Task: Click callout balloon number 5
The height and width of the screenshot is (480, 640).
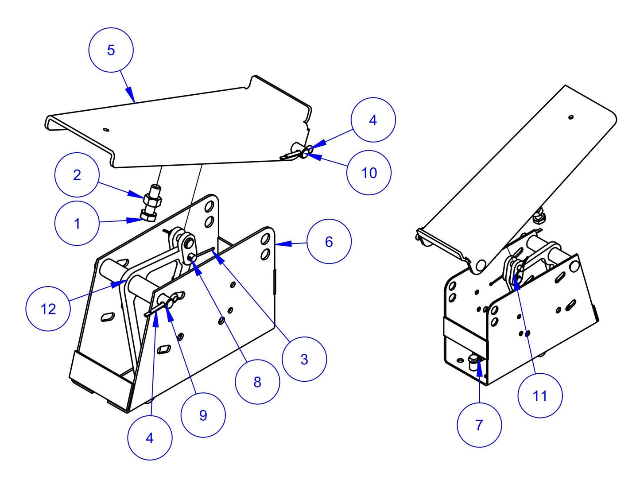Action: click(111, 50)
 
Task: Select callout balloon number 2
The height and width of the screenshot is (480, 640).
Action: click(77, 175)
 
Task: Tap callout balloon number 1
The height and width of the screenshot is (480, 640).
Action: click(77, 223)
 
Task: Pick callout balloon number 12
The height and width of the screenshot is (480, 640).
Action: click(48, 309)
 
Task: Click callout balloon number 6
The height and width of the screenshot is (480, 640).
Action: click(329, 241)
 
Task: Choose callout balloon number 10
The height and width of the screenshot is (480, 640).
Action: click(369, 173)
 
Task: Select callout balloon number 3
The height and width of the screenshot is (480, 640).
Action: click(304, 359)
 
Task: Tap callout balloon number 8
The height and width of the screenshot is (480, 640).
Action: click(257, 382)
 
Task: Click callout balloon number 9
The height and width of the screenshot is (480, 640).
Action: click(203, 415)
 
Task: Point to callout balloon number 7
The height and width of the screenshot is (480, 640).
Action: click(479, 425)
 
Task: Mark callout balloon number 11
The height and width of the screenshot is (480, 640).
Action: click(539, 395)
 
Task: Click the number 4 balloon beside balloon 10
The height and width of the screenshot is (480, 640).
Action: click(373, 120)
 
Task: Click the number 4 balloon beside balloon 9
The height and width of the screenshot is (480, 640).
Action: click(150, 437)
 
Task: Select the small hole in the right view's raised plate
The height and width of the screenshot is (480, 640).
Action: click(571, 117)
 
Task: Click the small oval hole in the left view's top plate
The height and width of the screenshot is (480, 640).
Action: click(105, 129)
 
